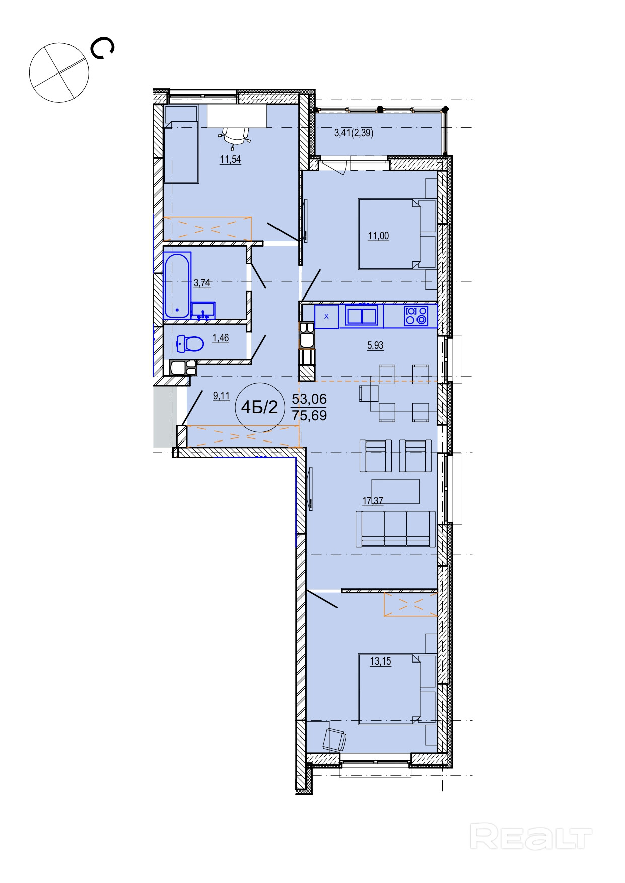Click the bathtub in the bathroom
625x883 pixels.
(x=177, y=285)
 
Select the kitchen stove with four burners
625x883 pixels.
(x=416, y=316)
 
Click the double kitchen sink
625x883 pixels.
(x=362, y=316)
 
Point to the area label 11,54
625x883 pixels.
(x=230, y=160)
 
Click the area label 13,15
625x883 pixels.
(x=380, y=661)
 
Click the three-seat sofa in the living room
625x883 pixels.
(x=395, y=529)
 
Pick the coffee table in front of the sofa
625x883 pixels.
(x=395, y=491)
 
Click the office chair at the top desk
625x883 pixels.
(x=235, y=136)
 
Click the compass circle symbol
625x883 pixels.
(x=59, y=72)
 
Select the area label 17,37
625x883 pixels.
(x=373, y=501)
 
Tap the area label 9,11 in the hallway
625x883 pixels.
(x=221, y=396)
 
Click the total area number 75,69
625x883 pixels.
(x=309, y=416)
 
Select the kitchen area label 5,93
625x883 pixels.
(x=375, y=345)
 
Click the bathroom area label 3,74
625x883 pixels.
(x=202, y=283)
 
